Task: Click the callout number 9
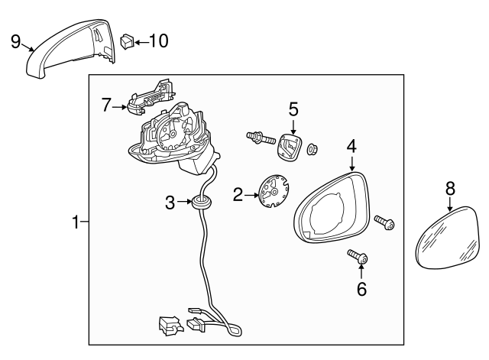[15, 41]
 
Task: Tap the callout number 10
[159, 41]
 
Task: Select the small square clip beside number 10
[127, 41]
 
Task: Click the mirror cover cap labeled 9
[70, 48]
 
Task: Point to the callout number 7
[106, 105]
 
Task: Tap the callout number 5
[293, 109]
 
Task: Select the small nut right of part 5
[313, 150]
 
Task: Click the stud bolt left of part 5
[261, 138]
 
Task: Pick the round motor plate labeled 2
[274, 190]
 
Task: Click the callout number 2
[238, 195]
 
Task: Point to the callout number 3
[170, 203]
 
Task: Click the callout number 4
[351, 146]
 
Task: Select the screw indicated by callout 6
[358, 256]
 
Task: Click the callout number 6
[361, 289]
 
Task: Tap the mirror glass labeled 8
[448, 237]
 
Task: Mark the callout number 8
[450, 189]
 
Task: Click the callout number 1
[76, 222]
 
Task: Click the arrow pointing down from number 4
[352, 163]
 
